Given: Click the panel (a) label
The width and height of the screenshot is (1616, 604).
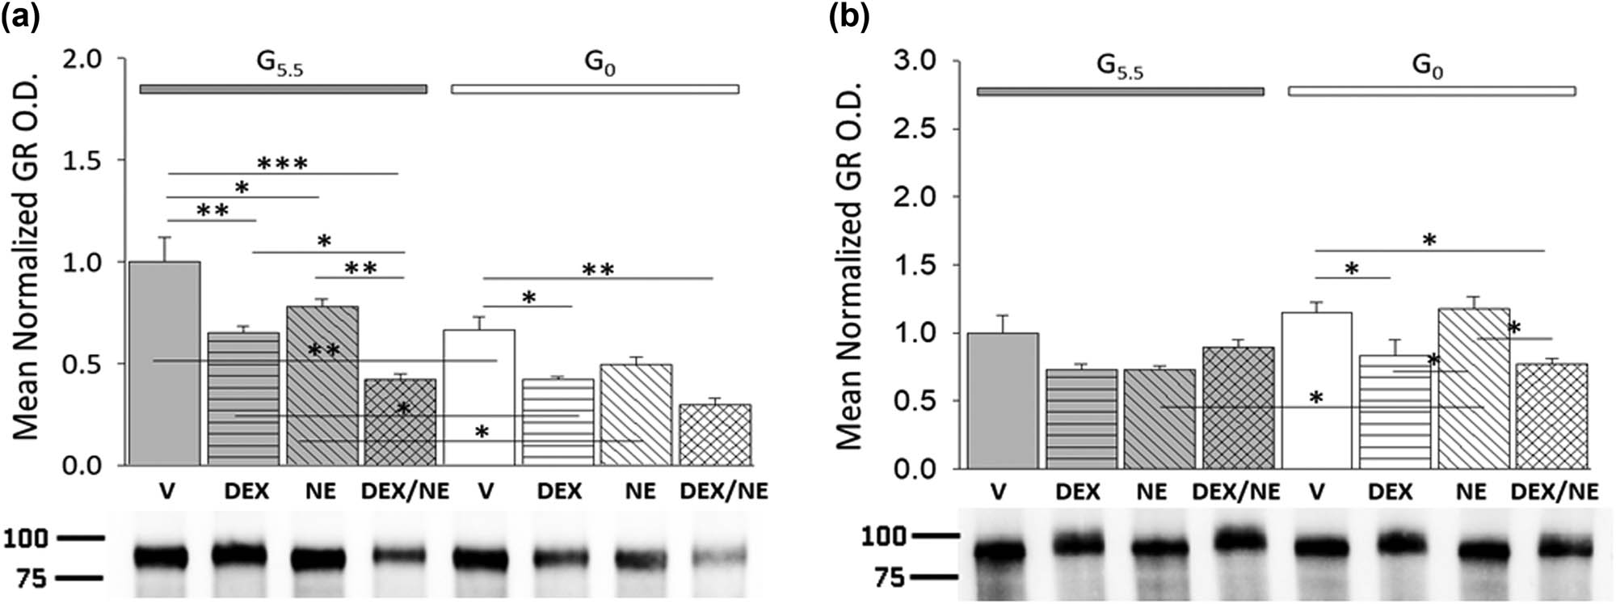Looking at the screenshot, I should [19, 15].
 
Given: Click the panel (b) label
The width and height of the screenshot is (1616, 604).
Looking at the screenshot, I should [849, 17].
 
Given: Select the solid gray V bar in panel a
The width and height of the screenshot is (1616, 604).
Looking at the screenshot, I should [165, 364].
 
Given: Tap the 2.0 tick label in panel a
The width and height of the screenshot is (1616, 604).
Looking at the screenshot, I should [83, 59].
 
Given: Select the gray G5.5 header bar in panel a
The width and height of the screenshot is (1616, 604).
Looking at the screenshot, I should [283, 89].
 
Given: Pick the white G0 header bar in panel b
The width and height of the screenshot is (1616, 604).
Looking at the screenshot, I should [1432, 91].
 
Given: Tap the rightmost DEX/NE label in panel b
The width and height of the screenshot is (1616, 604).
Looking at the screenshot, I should [1554, 492].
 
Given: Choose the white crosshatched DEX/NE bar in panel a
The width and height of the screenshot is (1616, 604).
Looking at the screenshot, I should [715, 435].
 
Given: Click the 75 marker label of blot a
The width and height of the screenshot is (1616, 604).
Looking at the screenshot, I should [32, 578].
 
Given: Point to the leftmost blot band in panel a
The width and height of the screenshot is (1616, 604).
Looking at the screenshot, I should [161, 557].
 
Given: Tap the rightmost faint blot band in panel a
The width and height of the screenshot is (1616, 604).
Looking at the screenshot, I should [719, 556].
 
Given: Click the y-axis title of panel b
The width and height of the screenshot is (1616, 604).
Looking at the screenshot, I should [849, 267].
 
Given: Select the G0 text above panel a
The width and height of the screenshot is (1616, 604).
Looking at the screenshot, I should [600, 63].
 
